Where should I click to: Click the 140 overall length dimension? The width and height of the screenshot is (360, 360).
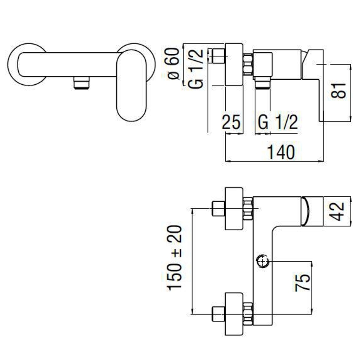[x=281, y=152]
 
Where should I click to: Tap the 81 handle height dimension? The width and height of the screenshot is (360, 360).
[x=338, y=90]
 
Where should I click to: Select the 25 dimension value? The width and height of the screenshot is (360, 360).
[x=231, y=122]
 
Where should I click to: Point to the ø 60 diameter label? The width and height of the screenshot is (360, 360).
[x=174, y=64]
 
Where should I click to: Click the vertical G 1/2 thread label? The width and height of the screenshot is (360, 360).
[x=196, y=69]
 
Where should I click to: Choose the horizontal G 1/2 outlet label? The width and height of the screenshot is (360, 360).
[x=278, y=122]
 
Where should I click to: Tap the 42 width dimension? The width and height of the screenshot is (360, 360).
[x=336, y=211]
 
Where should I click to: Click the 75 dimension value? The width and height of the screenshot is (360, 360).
[x=302, y=283]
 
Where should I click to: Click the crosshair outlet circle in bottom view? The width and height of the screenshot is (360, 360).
[x=262, y=261]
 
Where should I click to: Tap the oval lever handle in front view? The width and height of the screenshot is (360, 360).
[x=131, y=85]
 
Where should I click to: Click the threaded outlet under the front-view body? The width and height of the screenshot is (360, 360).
[x=82, y=83]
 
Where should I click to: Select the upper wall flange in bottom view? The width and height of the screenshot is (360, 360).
[x=234, y=209]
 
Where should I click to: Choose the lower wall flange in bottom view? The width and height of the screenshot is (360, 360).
[x=234, y=314]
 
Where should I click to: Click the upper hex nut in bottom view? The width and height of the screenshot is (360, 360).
[x=248, y=209]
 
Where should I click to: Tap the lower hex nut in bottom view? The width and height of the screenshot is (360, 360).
[x=248, y=314]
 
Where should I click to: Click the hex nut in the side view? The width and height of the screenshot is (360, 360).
[x=248, y=64]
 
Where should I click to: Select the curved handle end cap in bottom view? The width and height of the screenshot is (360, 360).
[x=305, y=211]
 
